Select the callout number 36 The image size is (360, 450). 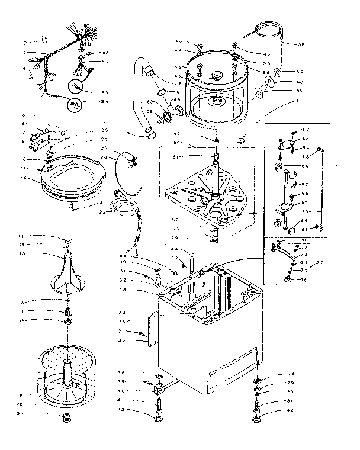pyautogui.click(x=120, y=340)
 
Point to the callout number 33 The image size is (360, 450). pyautogui.click(x=123, y=289)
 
